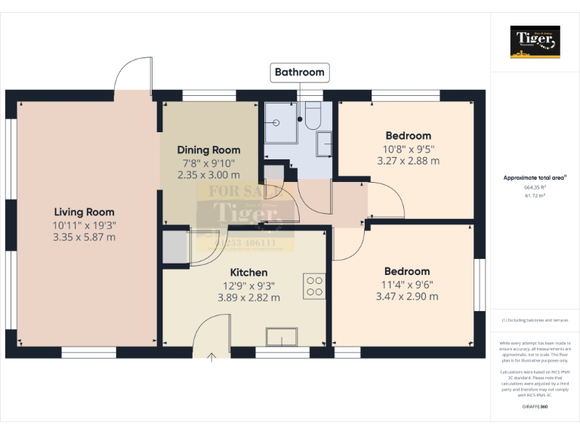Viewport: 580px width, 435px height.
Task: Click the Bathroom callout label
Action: (x=299, y=72)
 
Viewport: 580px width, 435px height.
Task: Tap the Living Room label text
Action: (x=84, y=212)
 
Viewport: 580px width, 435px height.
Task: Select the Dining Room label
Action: (x=208, y=150)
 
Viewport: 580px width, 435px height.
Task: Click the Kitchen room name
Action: (x=248, y=272)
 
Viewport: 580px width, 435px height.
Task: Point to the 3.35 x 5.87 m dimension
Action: (x=84, y=237)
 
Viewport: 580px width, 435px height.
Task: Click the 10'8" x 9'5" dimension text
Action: (x=408, y=149)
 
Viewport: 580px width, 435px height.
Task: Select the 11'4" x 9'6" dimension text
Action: (x=407, y=284)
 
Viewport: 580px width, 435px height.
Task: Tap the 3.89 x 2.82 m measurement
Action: (x=248, y=298)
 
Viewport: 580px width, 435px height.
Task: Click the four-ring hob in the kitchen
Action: (x=313, y=285)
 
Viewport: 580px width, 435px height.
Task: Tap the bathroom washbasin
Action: (x=324, y=143)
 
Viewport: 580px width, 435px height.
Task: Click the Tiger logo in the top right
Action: (x=535, y=41)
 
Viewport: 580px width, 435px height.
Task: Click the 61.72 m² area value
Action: (x=535, y=195)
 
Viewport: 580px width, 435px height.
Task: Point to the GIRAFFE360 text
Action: (x=535, y=407)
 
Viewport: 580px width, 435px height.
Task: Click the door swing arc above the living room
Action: (x=134, y=74)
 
